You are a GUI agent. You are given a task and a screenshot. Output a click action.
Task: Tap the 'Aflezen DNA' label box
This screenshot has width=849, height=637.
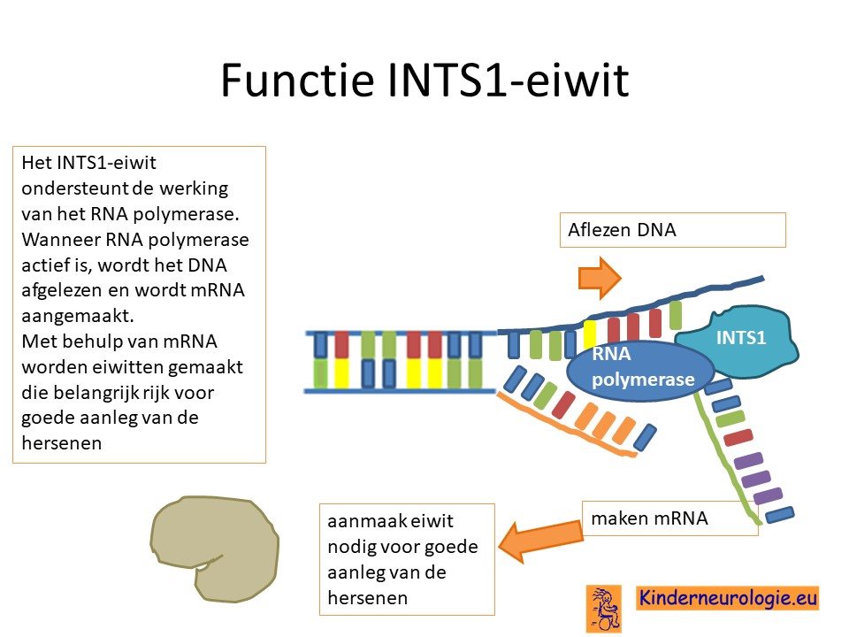click(672, 230)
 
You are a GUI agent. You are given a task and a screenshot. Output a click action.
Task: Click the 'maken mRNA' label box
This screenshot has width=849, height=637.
click(669, 518)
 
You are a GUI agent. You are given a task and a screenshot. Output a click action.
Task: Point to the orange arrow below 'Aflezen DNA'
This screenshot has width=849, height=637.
click(600, 278)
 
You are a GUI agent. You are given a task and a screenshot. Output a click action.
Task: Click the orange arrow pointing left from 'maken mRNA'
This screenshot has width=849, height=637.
click(540, 541)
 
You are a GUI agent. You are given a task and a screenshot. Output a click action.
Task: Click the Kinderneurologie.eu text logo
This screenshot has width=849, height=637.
click(728, 599)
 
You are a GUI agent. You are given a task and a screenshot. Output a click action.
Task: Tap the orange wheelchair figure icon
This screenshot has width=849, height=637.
click(604, 609)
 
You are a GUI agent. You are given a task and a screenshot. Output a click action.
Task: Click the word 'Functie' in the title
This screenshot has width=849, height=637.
click(297, 80)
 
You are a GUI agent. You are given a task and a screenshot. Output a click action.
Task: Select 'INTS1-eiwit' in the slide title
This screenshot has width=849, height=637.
click(509, 80)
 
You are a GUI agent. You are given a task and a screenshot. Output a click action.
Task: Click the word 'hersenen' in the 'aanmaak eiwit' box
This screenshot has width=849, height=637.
click(368, 598)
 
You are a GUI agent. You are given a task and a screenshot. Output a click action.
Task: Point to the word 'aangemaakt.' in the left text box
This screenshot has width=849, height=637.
click(78, 316)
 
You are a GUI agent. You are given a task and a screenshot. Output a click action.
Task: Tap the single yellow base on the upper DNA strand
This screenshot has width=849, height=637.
click(590, 334)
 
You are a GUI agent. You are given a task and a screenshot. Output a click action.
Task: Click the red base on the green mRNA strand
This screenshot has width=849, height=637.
click(738, 437)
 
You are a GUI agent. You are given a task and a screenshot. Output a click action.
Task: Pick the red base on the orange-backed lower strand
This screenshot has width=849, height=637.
click(563, 405)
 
